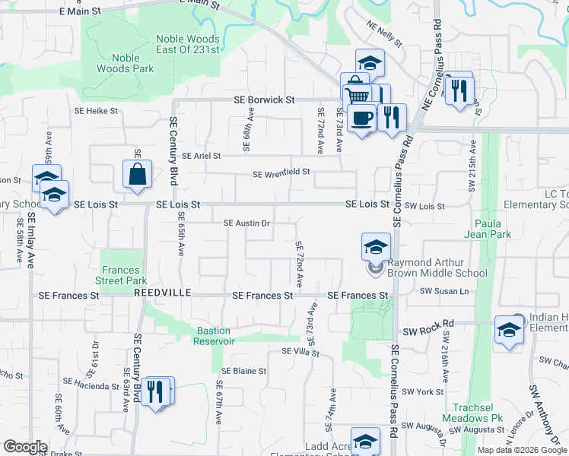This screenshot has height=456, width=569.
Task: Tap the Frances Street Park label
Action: coord(121,275)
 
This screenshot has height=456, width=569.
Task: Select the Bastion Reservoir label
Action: coord(213,336)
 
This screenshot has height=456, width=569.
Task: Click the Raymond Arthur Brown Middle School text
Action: coord(437,268)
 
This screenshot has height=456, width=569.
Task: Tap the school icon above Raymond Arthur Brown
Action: coord(375,247)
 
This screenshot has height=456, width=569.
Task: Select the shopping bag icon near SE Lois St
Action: coord(137,174)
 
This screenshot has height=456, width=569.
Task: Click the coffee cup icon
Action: coord(362,118)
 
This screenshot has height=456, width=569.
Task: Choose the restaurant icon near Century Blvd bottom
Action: coord(155,391)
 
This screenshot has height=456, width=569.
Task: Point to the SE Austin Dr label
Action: coord(247,223)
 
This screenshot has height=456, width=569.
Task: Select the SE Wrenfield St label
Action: coord(281,173)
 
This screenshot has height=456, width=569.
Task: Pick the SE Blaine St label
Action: coord(243,372)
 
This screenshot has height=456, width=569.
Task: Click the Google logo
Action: coord(25,448)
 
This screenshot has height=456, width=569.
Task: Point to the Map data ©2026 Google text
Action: coord(521,450)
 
